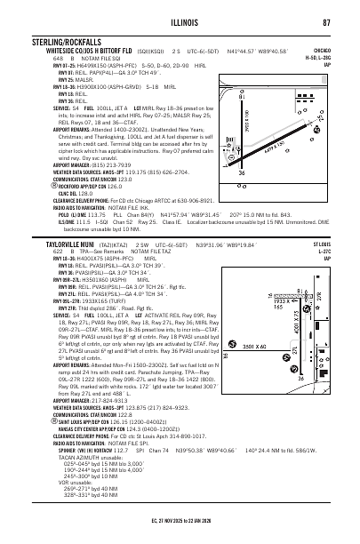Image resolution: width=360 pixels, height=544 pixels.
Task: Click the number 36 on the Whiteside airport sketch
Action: pos(265,200)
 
